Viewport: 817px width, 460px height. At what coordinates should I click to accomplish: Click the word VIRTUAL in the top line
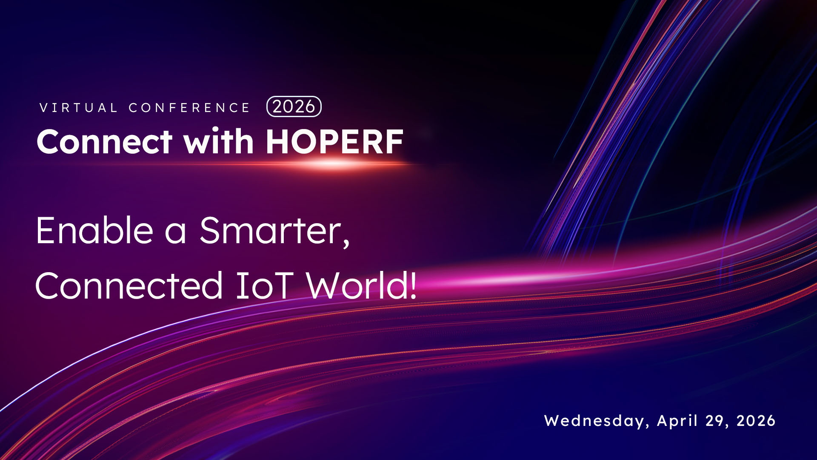(78, 108)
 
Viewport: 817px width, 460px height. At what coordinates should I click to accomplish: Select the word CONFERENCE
(189, 108)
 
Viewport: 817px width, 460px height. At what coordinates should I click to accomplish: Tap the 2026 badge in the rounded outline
(294, 106)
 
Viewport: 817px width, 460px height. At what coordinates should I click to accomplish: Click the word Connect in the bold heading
(105, 142)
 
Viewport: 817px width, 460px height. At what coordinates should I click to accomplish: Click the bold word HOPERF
(334, 142)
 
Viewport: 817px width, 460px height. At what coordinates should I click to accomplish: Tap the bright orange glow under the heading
(332, 164)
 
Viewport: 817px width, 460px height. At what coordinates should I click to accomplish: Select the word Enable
(94, 230)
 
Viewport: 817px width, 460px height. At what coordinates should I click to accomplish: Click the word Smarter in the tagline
(271, 230)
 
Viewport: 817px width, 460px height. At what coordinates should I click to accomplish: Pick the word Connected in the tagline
(129, 285)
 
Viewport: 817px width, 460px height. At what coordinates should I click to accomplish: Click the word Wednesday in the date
(594, 421)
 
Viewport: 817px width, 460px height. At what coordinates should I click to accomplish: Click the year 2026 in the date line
(756, 421)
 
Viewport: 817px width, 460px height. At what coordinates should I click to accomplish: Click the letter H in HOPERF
(278, 142)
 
